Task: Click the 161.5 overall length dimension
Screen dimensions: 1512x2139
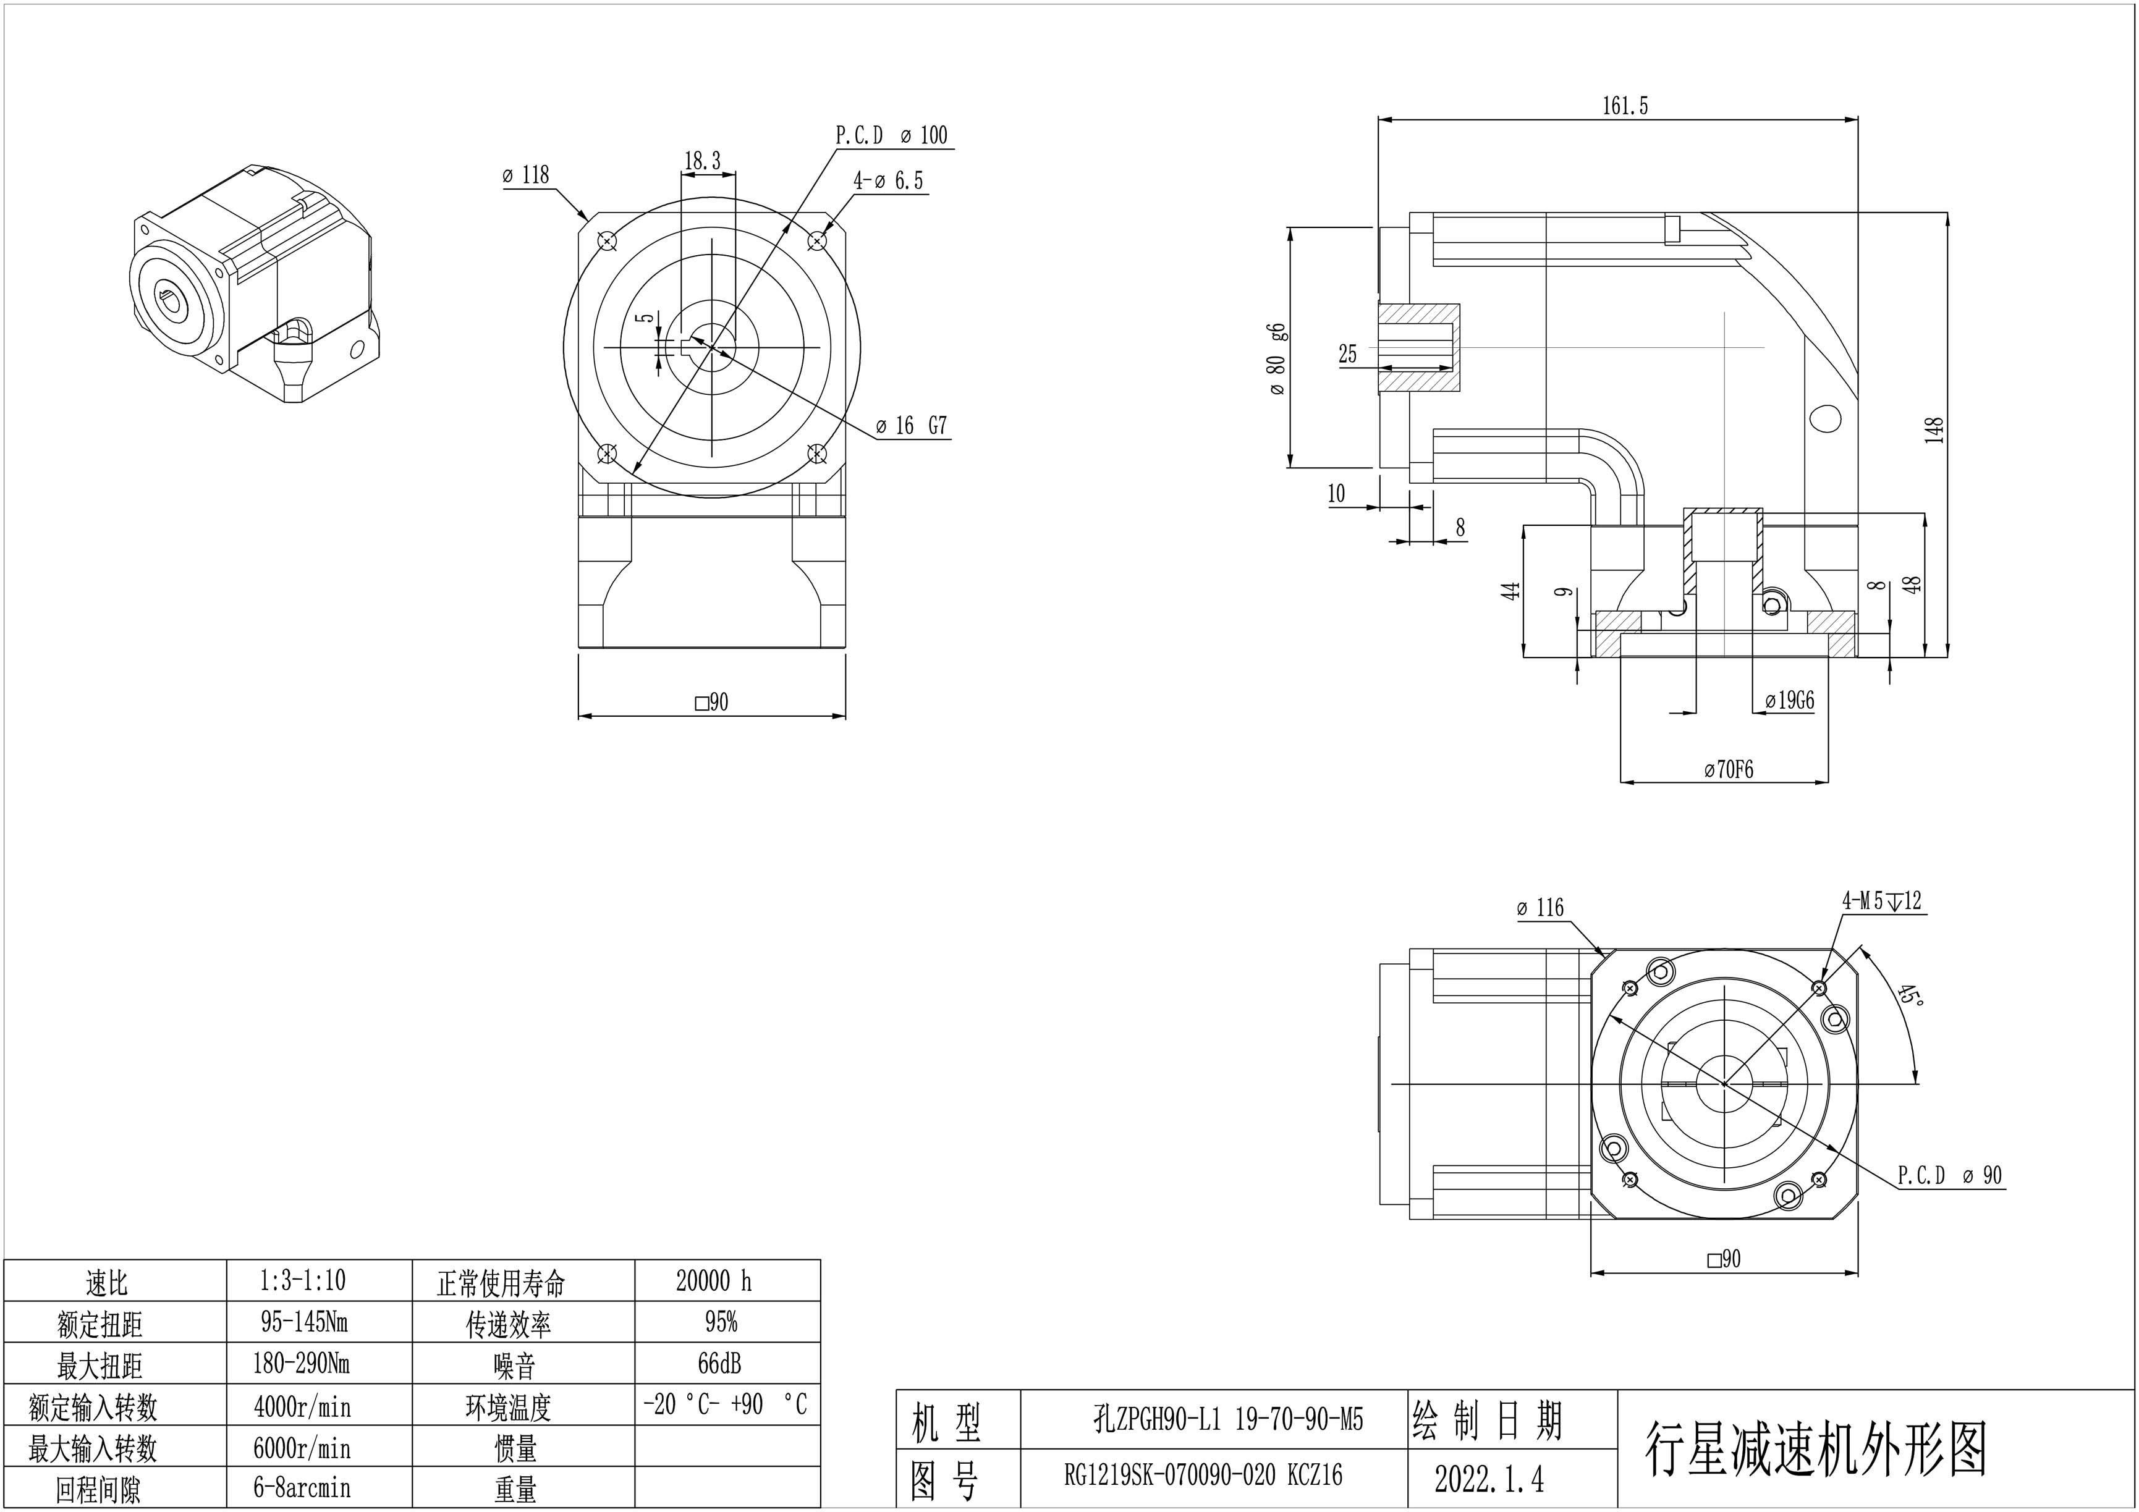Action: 1625,106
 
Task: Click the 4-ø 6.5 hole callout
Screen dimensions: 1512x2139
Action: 888,180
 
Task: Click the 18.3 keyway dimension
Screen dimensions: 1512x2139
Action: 703,161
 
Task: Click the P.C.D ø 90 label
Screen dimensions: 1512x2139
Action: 1949,1176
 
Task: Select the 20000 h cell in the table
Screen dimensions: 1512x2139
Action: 714,1281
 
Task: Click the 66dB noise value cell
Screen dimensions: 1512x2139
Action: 719,1364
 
